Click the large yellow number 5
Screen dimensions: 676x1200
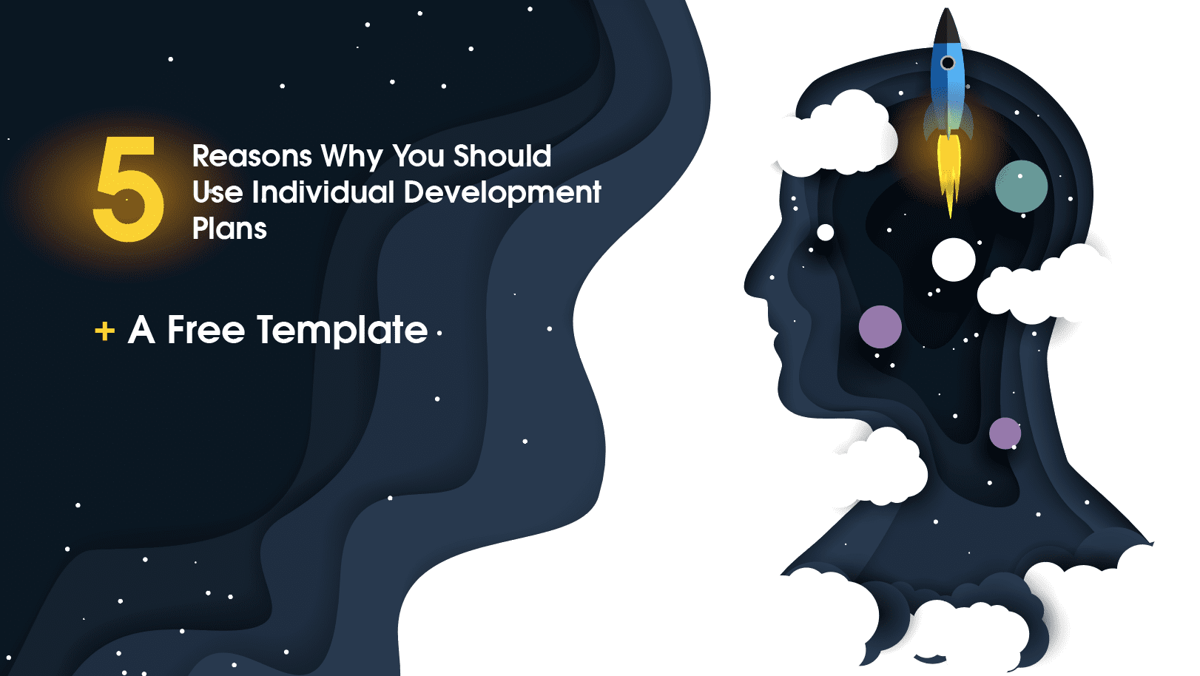point(127,190)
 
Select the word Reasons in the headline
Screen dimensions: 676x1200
point(252,156)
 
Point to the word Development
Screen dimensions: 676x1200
point(502,192)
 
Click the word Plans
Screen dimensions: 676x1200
point(229,229)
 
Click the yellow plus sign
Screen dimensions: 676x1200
point(105,331)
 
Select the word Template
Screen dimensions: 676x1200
point(343,330)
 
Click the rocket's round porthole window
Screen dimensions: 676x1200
point(947,63)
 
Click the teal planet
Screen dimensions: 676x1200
point(1021,186)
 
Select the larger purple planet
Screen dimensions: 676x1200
point(880,326)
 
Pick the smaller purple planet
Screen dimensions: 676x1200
point(1005,433)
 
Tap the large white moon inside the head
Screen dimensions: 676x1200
point(953,260)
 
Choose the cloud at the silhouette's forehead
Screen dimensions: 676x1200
point(836,137)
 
